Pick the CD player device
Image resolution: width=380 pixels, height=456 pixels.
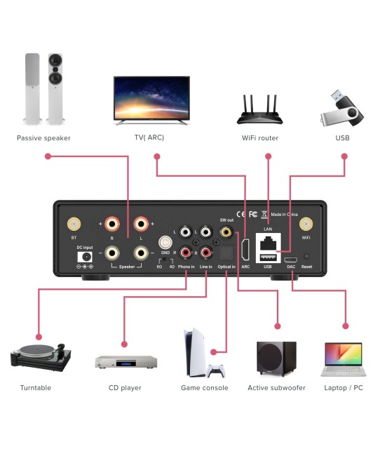126,362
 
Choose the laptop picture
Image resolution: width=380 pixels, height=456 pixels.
344,360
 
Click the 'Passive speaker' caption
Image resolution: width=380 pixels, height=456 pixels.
43,138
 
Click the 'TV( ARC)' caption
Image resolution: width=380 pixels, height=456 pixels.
149,138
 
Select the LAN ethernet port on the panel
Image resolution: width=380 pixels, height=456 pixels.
268,243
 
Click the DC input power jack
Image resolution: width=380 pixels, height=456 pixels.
85,257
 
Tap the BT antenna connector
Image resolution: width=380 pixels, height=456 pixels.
73,224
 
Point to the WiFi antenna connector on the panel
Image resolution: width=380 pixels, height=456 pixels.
306,224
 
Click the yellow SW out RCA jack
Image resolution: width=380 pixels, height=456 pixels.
226,231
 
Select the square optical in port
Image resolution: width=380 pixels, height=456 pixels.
226,253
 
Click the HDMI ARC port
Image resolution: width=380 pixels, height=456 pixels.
245,250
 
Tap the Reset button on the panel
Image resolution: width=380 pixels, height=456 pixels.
306,257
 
